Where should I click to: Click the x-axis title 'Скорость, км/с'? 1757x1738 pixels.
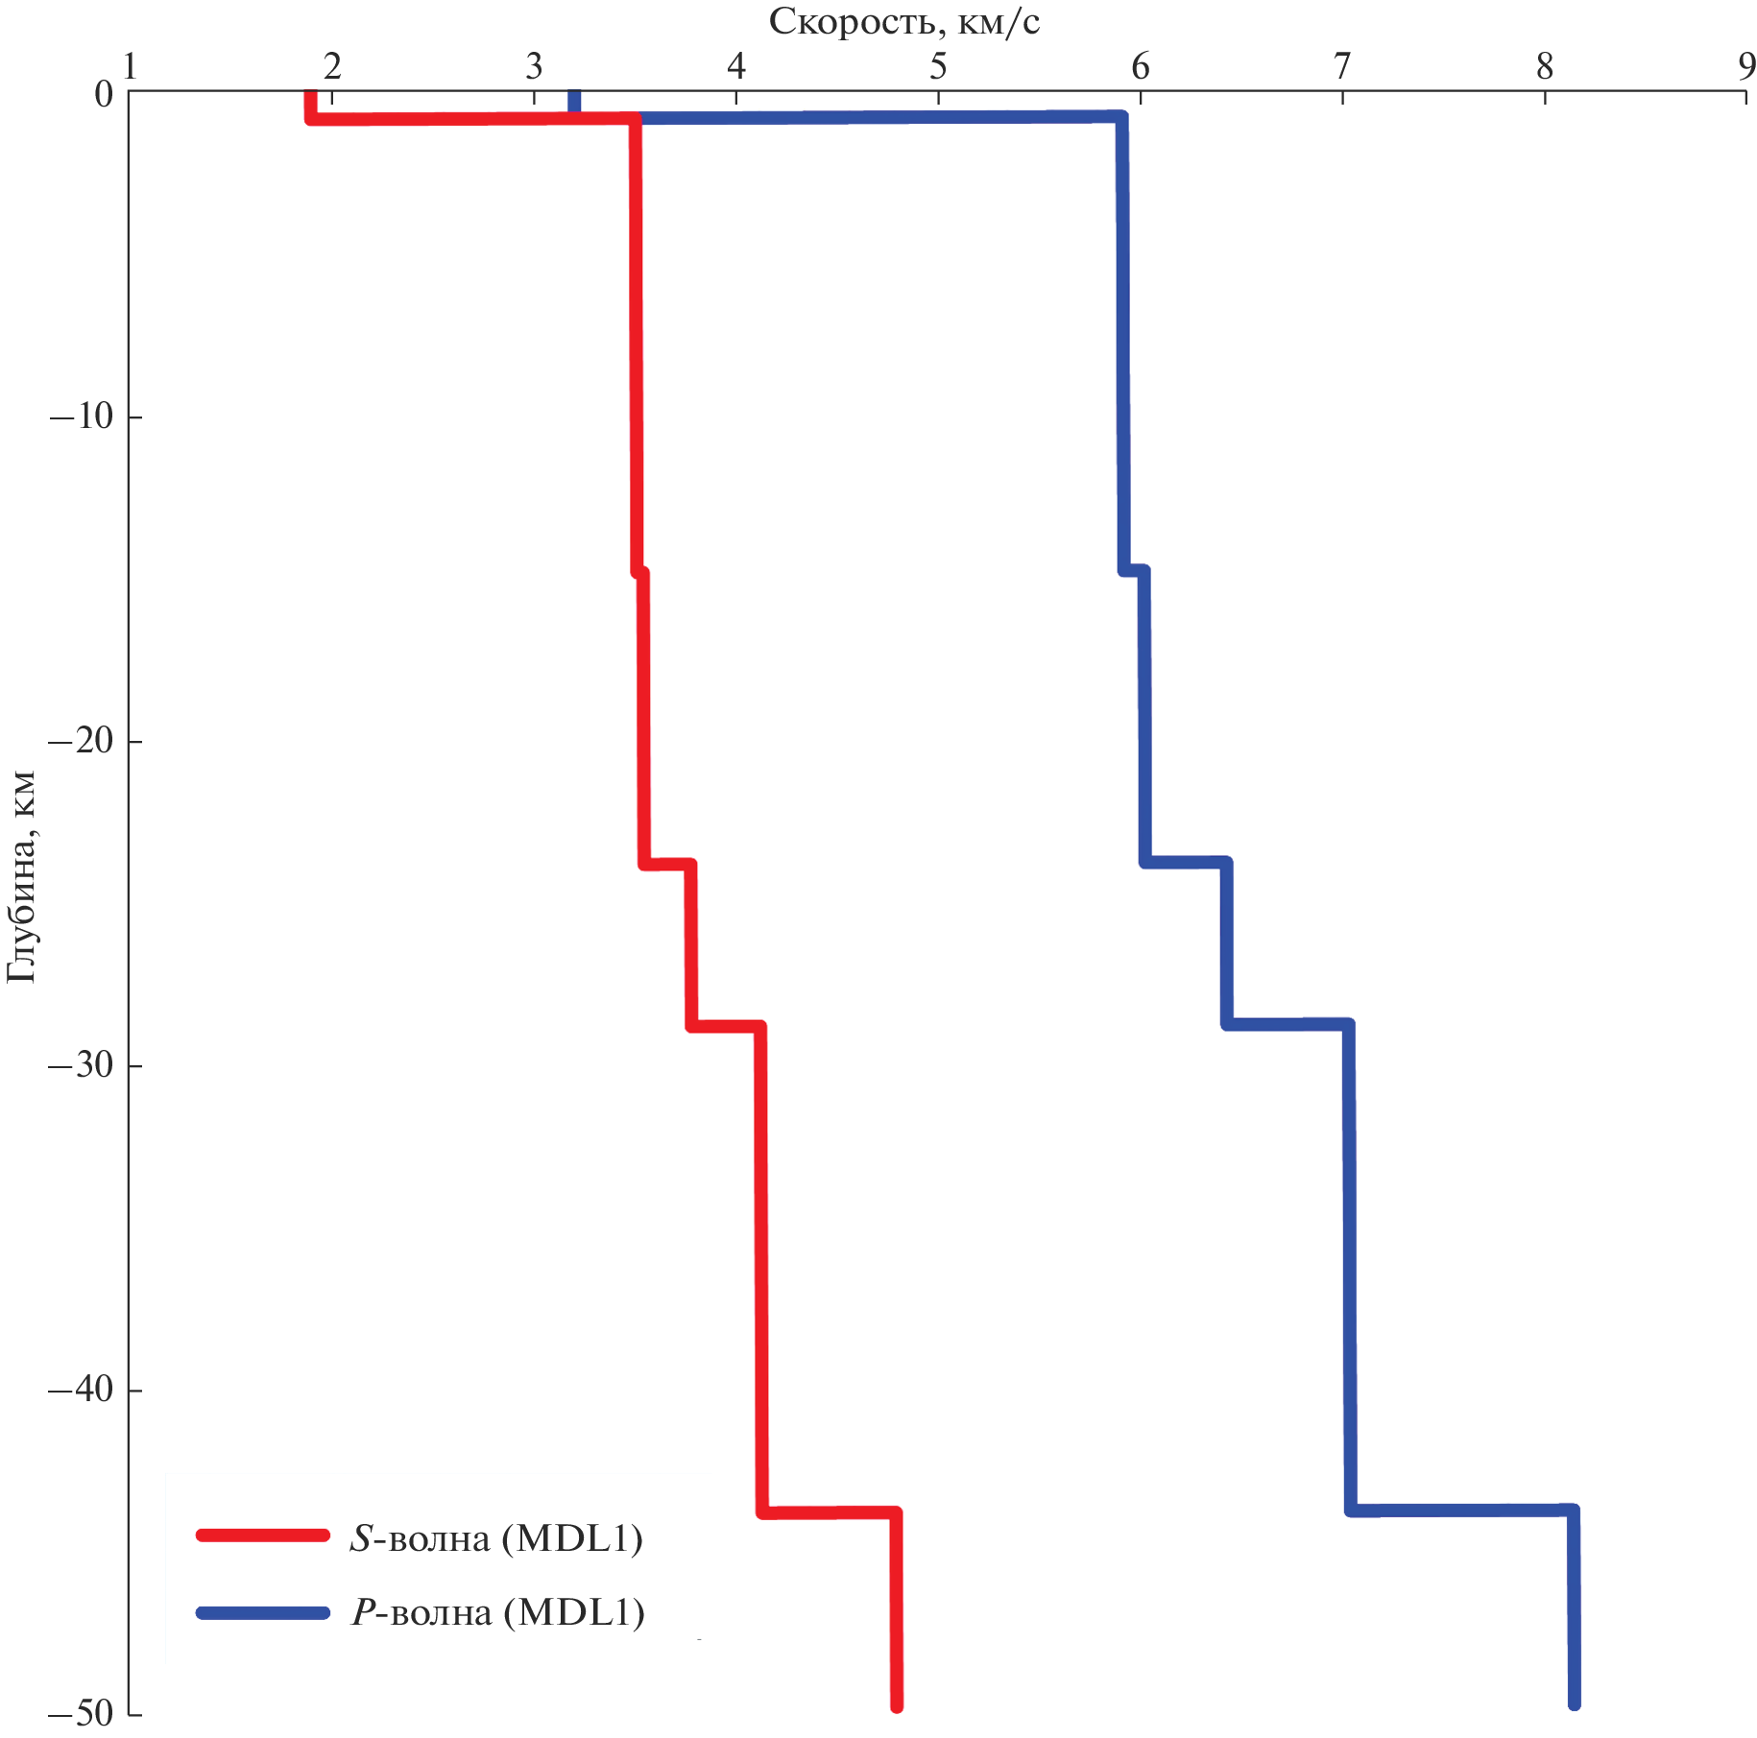[x=903, y=21]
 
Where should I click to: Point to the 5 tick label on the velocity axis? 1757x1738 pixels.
[x=938, y=66]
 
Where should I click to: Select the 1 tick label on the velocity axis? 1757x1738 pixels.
[x=130, y=66]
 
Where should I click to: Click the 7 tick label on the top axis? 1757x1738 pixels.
[x=1342, y=66]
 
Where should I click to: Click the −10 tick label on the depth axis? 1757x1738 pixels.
[x=81, y=417]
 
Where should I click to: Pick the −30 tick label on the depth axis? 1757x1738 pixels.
[x=81, y=1066]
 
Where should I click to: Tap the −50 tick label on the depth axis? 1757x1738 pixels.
[x=81, y=1713]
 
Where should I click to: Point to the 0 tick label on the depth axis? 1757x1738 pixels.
[x=104, y=94]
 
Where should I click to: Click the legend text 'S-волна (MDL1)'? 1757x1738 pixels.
[x=495, y=1538]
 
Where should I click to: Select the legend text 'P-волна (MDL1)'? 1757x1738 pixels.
[x=497, y=1612]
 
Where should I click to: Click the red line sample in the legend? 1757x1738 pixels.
[x=262, y=1535]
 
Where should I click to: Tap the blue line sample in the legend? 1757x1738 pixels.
[x=262, y=1612]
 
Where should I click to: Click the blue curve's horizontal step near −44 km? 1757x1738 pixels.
[x=1461, y=1510]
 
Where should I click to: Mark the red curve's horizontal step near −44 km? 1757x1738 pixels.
[x=829, y=1512]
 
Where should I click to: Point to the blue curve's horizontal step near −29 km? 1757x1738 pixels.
[x=1288, y=1024]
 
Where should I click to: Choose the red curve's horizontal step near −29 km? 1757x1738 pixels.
[x=725, y=1026]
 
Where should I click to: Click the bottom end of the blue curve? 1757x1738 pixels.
[x=1574, y=1703]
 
